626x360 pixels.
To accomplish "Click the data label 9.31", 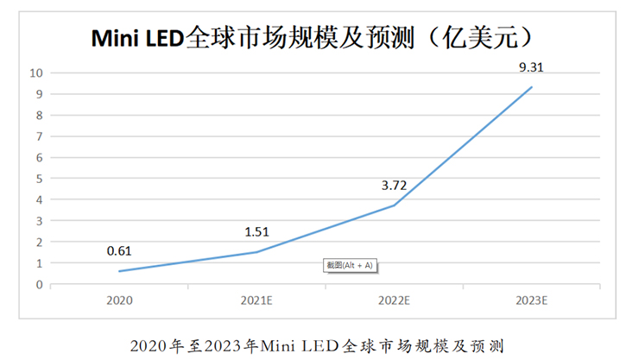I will tap(531, 66).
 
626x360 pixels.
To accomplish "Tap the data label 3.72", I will tap(394, 185).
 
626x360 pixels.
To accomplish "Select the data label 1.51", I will tap(256, 231).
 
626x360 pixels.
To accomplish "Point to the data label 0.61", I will tap(120, 251).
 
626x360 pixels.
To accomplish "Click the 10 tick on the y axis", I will tap(36, 73).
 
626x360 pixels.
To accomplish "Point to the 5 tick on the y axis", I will tap(39, 179).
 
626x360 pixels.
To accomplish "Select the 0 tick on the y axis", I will tap(39, 284).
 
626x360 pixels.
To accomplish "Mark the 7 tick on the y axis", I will tap(39, 136).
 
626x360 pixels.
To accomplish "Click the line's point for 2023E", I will tap(532, 87).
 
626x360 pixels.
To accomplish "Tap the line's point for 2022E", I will tap(395, 205).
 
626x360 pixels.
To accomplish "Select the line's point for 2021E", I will tap(257, 252).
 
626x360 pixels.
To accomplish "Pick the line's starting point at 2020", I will tap(120, 271).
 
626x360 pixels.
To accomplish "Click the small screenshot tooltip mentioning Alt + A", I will tap(350, 266).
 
